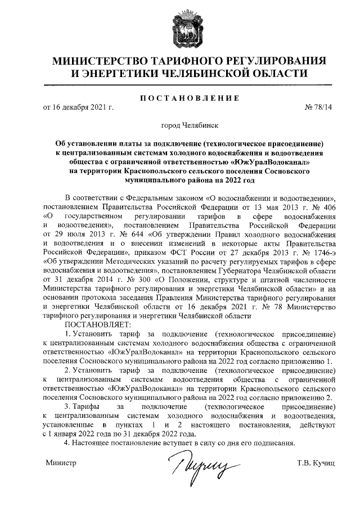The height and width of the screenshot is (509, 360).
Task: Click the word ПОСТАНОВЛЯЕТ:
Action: (98, 325)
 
